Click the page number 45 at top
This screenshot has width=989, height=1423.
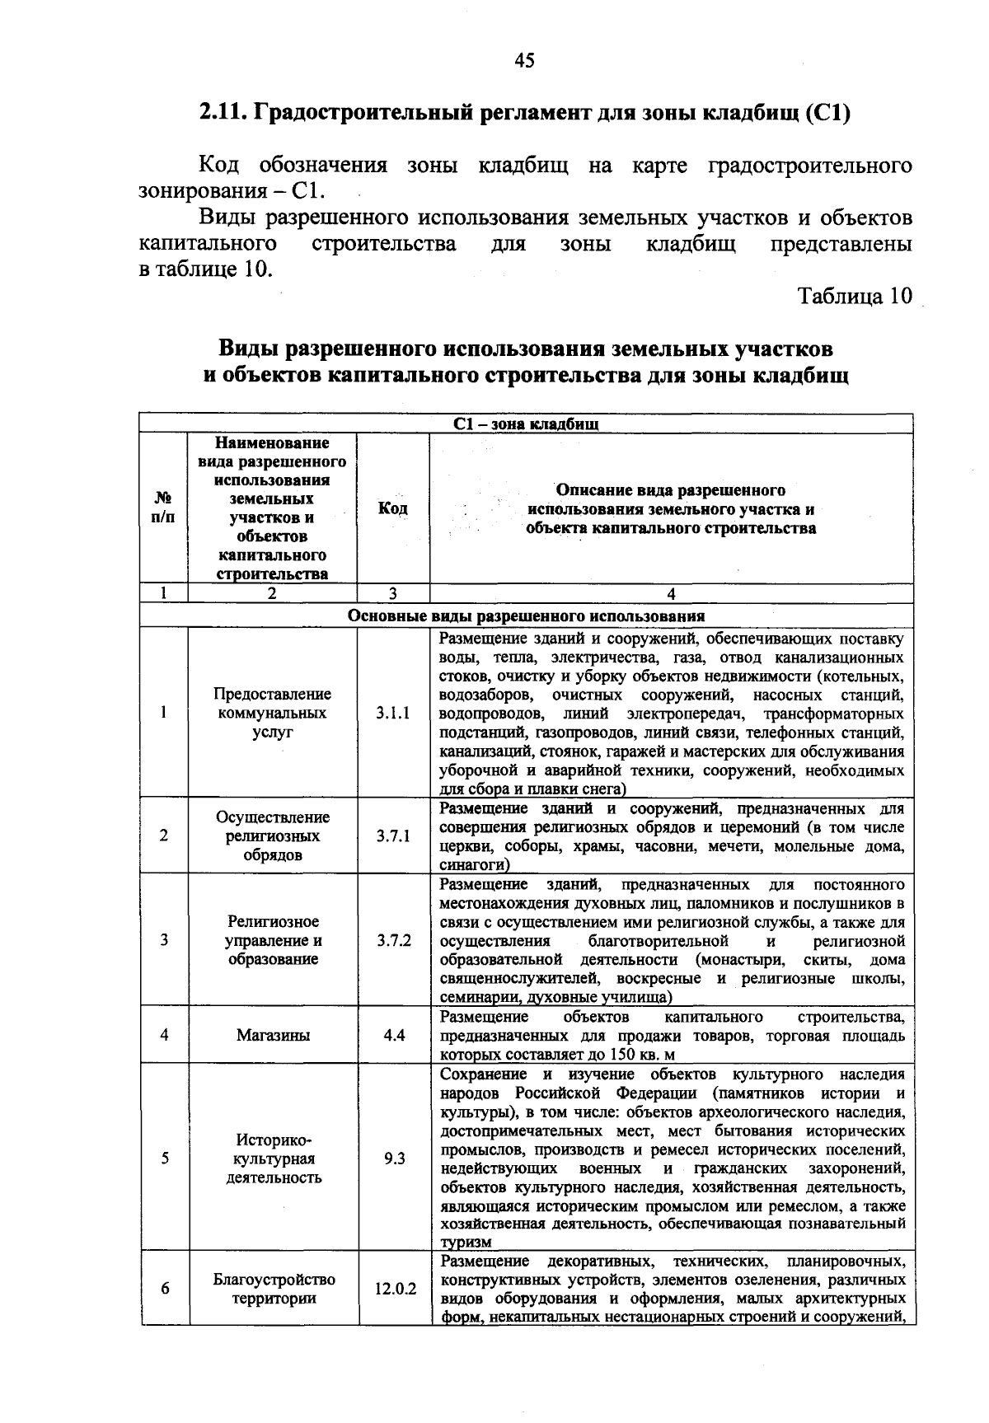[x=524, y=60]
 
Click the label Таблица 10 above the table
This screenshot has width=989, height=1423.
[x=855, y=296]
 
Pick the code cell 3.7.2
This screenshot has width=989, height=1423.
[x=393, y=940]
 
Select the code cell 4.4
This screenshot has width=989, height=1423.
[x=393, y=1035]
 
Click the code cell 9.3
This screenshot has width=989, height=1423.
[x=394, y=1159]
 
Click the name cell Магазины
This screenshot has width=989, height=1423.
[x=273, y=1035]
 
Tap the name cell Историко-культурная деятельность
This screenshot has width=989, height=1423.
[x=274, y=1159]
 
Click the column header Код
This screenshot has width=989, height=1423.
[x=392, y=508]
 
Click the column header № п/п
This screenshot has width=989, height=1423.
[x=164, y=508]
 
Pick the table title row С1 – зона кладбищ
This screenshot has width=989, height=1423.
[x=526, y=424]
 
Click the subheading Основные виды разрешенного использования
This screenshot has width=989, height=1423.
[x=526, y=616]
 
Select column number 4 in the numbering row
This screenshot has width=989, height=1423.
[x=671, y=594]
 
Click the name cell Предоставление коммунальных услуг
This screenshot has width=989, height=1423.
[x=274, y=713]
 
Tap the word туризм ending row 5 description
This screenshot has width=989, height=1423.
[x=466, y=1242]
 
